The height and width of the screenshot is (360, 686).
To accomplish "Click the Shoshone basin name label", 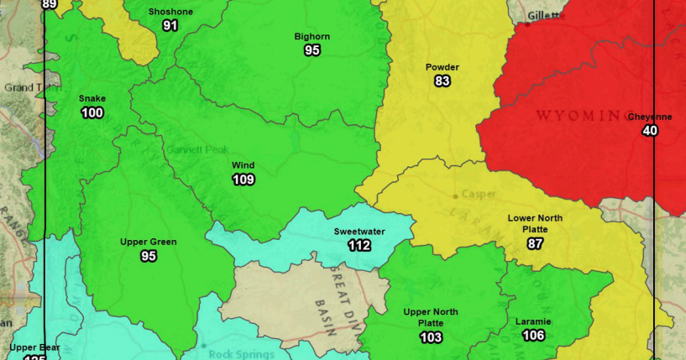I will click(170, 12).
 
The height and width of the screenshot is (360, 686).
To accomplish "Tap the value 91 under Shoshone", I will click(170, 25).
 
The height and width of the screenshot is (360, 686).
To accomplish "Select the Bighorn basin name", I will click(312, 37).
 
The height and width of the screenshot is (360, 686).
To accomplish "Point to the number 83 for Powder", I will click(442, 81).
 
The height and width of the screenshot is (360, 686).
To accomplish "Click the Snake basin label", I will click(92, 99).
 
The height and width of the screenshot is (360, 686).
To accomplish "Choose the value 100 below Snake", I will click(92, 113).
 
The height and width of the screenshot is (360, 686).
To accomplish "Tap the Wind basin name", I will click(244, 165).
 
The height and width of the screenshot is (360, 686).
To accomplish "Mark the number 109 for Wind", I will click(244, 179).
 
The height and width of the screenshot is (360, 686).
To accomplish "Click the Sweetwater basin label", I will click(359, 231).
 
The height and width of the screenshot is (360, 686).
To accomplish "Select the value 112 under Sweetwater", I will click(359, 245).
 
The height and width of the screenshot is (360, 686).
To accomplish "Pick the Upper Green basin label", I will click(149, 243).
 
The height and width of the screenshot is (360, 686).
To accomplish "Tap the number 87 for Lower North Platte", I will click(535, 244).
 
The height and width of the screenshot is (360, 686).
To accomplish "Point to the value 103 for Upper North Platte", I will click(431, 337).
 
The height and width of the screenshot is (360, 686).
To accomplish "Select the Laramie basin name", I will click(533, 321).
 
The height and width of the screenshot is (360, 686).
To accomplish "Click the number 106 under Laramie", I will click(533, 336).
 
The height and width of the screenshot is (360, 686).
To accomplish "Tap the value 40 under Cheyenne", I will click(650, 131).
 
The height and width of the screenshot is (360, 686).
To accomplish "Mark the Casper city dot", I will click(456, 196).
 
